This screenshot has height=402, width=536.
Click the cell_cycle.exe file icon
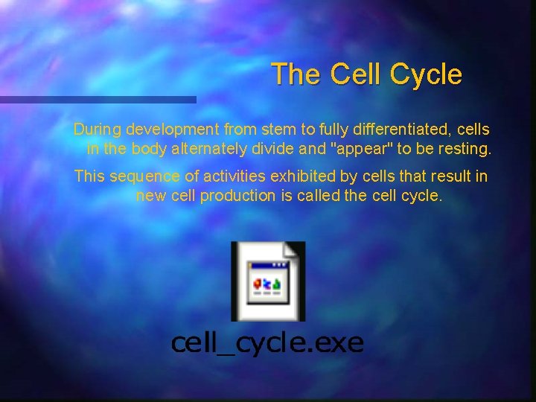[267, 281]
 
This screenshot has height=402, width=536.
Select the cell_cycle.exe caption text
[267, 342]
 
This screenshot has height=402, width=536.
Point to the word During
[98, 129]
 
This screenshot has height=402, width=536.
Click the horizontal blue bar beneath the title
[97, 99]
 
